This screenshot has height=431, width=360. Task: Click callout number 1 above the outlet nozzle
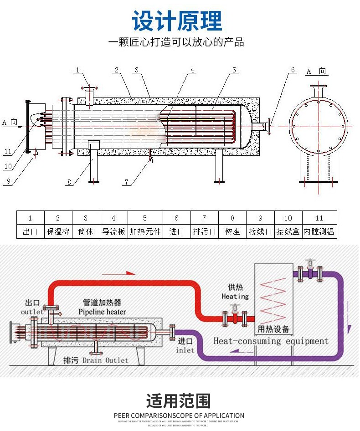[x=78, y=70]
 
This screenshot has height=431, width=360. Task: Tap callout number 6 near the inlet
[x=293, y=70]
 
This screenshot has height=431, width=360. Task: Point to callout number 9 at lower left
[x=8, y=181]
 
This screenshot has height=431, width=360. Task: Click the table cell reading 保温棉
[x=58, y=231]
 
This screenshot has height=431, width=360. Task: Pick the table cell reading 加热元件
[x=145, y=231]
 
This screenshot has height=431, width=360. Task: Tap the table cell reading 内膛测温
[x=319, y=231]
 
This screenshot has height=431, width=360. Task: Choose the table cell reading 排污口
[x=204, y=231]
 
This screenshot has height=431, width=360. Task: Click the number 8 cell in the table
[x=232, y=218]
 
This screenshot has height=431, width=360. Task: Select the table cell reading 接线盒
[x=288, y=231]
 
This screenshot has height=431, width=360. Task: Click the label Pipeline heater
[x=102, y=312]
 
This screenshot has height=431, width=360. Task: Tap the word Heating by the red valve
[x=235, y=296]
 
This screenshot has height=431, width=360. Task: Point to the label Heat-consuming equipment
[x=271, y=341]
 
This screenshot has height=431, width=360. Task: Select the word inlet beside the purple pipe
[x=185, y=350]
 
